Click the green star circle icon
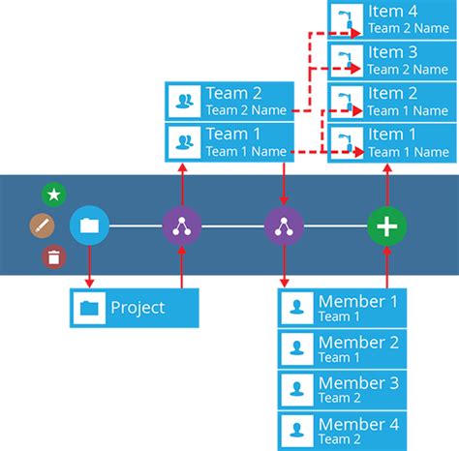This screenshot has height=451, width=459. point(54,195)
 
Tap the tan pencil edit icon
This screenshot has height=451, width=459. point(42,226)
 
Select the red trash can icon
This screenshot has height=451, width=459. point(54,257)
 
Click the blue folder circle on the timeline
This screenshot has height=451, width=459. point(89,226)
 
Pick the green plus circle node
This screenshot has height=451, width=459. point(386,226)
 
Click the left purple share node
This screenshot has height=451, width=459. point(180,226)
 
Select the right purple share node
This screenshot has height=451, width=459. point(283,226)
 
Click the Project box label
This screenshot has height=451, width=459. point(136,308)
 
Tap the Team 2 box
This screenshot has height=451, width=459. point(229,101)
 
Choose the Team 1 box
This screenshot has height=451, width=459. point(229,141)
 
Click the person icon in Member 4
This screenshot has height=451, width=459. point(296,430)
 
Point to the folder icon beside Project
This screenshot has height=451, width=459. point(90,309)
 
